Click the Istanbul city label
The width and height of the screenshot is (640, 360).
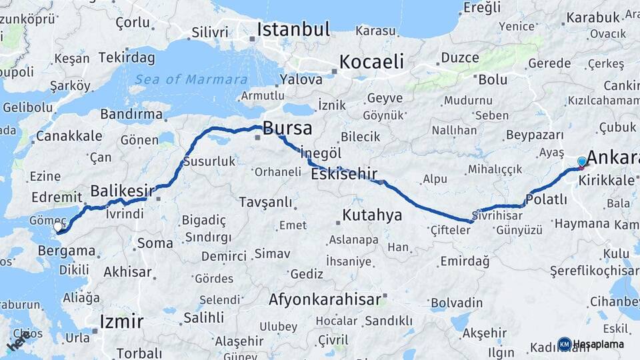(293, 29)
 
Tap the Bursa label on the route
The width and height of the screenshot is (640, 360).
(288, 127)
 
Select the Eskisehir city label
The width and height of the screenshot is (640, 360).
(344, 175)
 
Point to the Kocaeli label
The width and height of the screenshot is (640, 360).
(371, 62)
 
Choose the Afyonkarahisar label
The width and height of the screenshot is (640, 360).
(325, 300)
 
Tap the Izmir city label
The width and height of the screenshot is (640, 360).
(121, 322)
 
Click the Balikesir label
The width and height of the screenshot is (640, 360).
(118, 191)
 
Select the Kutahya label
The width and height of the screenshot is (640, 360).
(373, 215)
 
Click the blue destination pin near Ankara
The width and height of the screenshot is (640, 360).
(582, 161)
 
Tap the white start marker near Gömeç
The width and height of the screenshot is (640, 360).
(58, 227)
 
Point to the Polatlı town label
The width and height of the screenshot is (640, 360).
(546, 199)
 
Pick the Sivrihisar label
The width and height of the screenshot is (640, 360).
(497, 215)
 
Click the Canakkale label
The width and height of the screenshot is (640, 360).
(69, 136)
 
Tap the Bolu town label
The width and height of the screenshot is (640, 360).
(493, 80)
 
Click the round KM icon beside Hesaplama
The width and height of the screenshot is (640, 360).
(564, 344)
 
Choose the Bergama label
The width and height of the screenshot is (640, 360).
(67, 251)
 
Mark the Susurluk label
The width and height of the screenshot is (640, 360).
(209, 161)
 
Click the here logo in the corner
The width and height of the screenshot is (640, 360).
(19, 341)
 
